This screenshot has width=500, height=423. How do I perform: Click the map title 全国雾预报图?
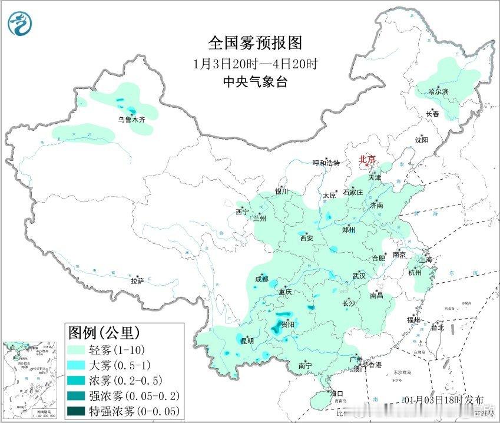[255, 44]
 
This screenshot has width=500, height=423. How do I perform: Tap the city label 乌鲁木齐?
[131, 119]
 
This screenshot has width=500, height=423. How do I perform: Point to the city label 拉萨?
[137, 282]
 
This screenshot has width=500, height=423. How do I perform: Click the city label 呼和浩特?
[326, 163]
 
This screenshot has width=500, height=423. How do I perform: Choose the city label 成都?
[261, 279]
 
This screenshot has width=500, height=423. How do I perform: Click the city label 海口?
[336, 393]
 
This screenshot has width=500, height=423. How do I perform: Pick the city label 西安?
[307, 239]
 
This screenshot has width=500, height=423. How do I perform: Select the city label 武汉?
[359, 276]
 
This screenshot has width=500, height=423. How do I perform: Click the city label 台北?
[438, 327]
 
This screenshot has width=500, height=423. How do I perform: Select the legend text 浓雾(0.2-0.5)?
[123, 380]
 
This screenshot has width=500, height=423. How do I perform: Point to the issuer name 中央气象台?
[255, 82]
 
